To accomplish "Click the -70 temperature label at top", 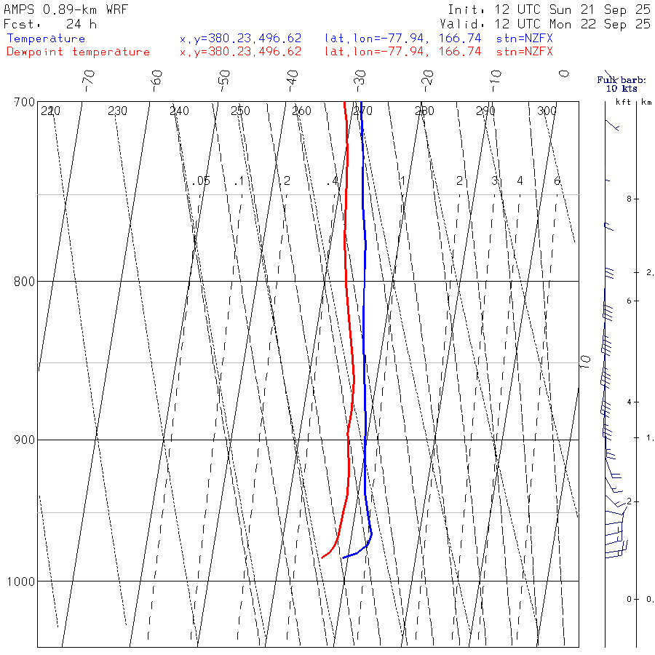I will coord(89,78).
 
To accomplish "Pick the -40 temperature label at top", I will coord(293,78).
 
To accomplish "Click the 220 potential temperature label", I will coord(50,111).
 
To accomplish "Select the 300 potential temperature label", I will coord(547,111).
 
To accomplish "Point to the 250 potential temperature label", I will coord(240,111).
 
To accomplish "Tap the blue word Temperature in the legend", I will coord(46,39).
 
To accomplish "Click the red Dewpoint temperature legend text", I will coord(78,52).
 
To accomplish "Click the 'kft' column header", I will coord(623,102).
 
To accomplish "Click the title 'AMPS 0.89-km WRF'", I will coord(65,9).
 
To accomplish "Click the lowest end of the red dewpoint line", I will coord(322,557).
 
